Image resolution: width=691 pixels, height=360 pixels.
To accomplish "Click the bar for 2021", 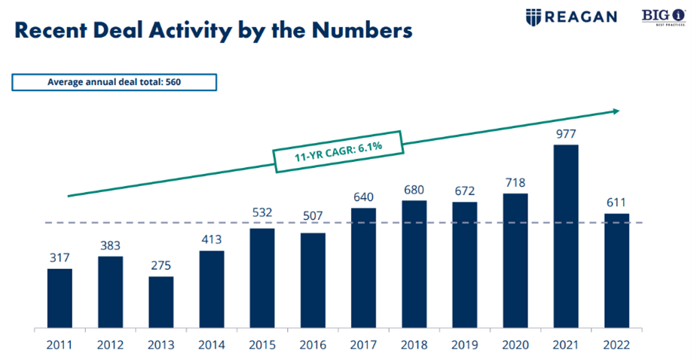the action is [566, 236].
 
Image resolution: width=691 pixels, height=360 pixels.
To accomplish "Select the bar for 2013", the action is [161, 302].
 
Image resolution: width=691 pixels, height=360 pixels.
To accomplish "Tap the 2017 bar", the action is [363, 268].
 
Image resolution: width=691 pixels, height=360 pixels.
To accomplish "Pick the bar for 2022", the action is [616, 271].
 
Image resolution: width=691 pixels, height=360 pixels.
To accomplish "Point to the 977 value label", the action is [566, 133].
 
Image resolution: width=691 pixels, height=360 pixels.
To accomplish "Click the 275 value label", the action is [161, 265].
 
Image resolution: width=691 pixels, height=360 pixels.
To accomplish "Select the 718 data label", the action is [515, 182].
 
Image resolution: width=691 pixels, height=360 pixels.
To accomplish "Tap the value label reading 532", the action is [262, 212].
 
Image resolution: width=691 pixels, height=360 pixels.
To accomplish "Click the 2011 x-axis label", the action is [60, 345].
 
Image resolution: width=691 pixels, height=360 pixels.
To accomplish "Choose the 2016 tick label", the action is [313, 345].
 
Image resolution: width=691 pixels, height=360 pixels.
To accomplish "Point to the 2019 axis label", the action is [464, 345].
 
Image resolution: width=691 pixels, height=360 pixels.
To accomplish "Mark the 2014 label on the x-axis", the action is [212, 345].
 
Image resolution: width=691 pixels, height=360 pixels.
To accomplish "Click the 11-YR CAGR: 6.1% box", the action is [338, 151].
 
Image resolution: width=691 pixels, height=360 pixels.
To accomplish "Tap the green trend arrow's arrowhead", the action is [616, 111].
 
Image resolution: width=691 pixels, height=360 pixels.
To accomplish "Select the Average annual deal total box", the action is [114, 82].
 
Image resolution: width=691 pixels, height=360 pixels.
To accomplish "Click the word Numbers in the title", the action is [362, 31].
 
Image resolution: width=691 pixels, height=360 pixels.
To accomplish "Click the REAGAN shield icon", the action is [534, 17].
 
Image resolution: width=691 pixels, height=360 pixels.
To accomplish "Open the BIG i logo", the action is [663, 17].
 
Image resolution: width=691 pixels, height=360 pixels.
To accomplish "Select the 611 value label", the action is [616, 203].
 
